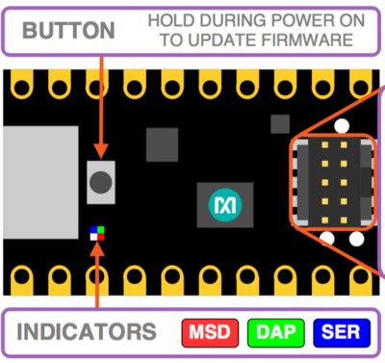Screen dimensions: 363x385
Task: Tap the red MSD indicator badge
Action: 208,333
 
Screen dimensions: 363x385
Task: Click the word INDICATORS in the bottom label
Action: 87,333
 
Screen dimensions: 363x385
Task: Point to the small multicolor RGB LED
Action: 98,232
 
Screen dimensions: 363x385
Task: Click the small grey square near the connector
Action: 280,123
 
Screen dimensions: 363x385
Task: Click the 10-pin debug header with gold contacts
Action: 333,182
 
